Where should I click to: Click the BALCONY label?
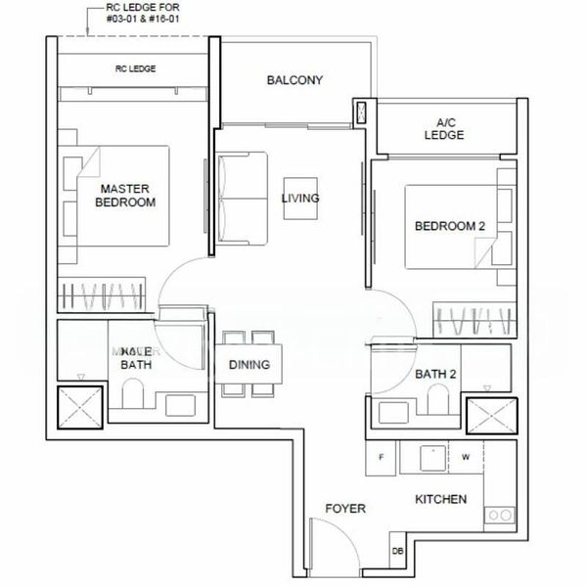[294, 80]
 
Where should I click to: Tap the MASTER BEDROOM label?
[125, 195]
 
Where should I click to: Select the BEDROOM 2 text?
[449, 226]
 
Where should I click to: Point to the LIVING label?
[300, 199]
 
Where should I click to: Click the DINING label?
[249, 366]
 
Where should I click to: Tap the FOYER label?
[345, 509]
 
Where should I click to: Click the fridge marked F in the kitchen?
[380, 456]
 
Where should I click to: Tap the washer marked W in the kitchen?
[466, 456]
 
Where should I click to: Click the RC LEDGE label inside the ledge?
[136, 68]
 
